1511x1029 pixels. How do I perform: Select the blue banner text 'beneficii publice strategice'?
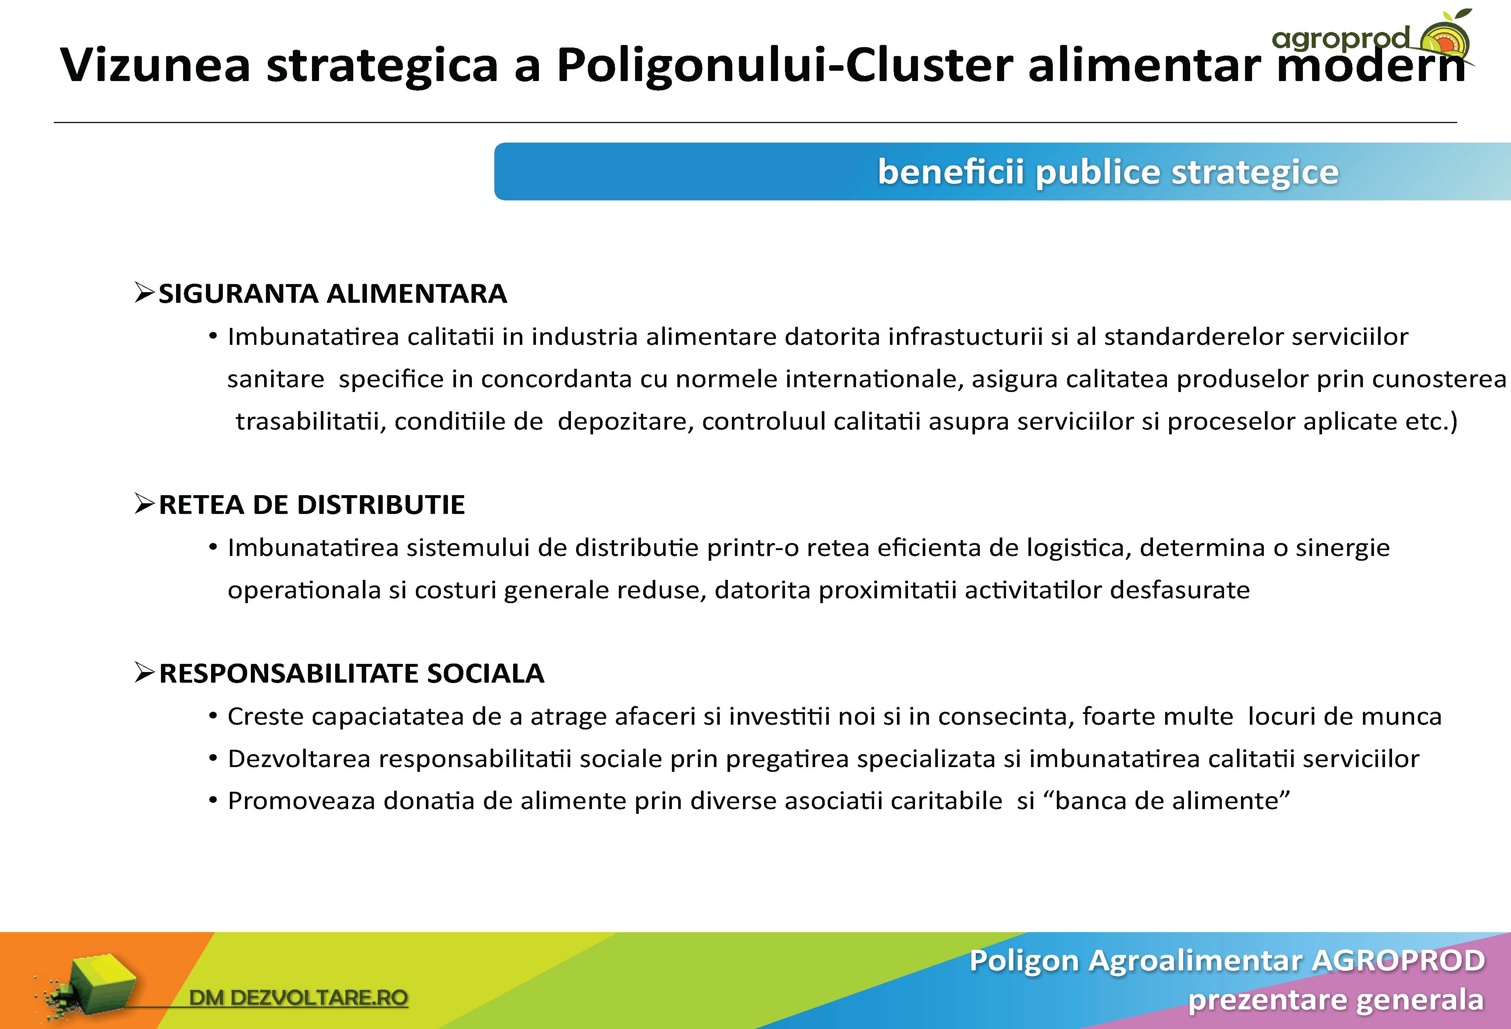1108,172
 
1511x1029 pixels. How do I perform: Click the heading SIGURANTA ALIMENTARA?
332,293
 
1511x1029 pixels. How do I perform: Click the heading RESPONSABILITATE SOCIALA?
352,673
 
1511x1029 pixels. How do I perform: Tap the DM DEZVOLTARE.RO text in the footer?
298,997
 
